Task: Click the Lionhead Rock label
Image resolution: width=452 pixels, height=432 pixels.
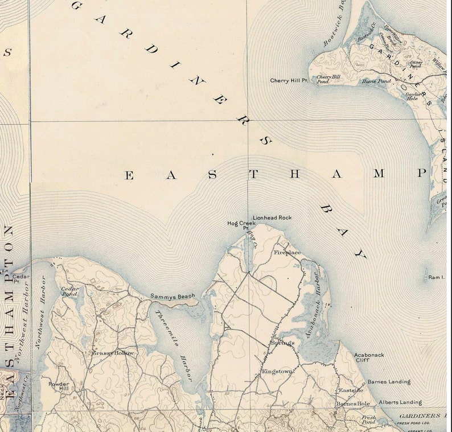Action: click(x=272, y=217)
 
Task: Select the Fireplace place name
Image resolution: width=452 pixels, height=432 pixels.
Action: click(x=287, y=252)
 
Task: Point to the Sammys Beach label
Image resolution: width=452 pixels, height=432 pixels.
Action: click(x=172, y=296)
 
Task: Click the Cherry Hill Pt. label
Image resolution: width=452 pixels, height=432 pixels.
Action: click(x=289, y=81)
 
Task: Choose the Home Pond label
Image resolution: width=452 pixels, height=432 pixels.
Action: click(x=377, y=81)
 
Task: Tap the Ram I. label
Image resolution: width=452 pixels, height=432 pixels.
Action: click(x=436, y=277)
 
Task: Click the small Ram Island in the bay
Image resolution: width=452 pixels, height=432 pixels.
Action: click(x=426, y=278)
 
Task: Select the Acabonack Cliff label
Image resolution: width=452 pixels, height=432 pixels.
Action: click(x=369, y=357)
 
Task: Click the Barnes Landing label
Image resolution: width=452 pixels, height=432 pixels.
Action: click(x=389, y=382)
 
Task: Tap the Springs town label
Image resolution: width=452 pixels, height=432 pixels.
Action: click(x=282, y=343)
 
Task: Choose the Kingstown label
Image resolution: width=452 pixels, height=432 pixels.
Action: click(x=277, y=371)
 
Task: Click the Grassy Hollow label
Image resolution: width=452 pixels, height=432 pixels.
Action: click(x=113, y=353)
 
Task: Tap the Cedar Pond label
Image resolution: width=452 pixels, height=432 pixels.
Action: click(x=69, y=291)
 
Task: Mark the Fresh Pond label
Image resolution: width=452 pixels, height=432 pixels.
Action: click(x=368, y=420)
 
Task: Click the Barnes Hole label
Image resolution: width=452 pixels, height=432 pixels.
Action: click(x=353, y=404)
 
